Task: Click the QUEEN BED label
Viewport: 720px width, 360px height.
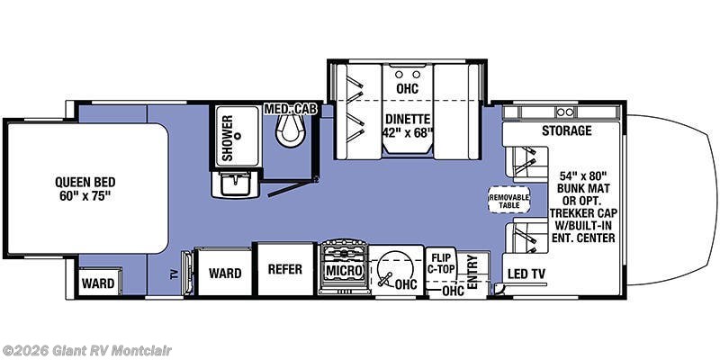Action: [x=87, y=186]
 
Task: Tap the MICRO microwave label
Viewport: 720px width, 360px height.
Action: [x=343, y=271]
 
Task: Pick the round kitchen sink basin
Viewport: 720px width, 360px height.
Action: [x=393, y=268]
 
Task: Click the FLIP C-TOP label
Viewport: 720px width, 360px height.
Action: [x=441, y=263]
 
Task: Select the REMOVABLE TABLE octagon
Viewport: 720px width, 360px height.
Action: [x=508, y=200]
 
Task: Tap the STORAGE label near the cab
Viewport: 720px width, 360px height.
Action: [x=566, y=131]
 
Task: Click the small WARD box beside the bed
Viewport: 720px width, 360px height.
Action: [x=98, y=283]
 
